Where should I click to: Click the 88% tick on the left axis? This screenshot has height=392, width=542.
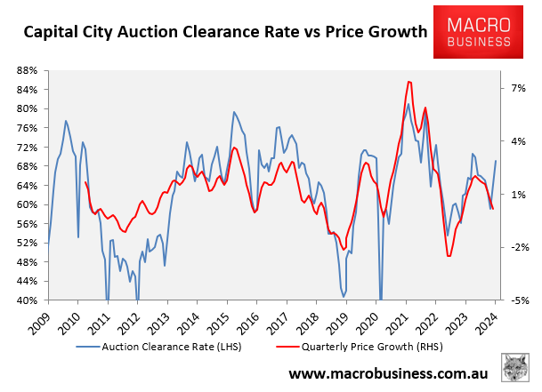pyautogui.click(x=28, y=70)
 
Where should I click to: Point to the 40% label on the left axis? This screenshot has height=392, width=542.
pyautogui.click(x=28, y=300)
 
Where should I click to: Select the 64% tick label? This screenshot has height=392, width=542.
pyautogui.click(x=28, y=186)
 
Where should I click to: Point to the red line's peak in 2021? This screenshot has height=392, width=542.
pyautogui.click(x=408, y=82)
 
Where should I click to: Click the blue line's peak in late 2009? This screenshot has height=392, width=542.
pyautogui.click(x=66, y=121)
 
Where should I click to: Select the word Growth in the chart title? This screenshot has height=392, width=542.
pyautogui.click(x=393, y=33)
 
